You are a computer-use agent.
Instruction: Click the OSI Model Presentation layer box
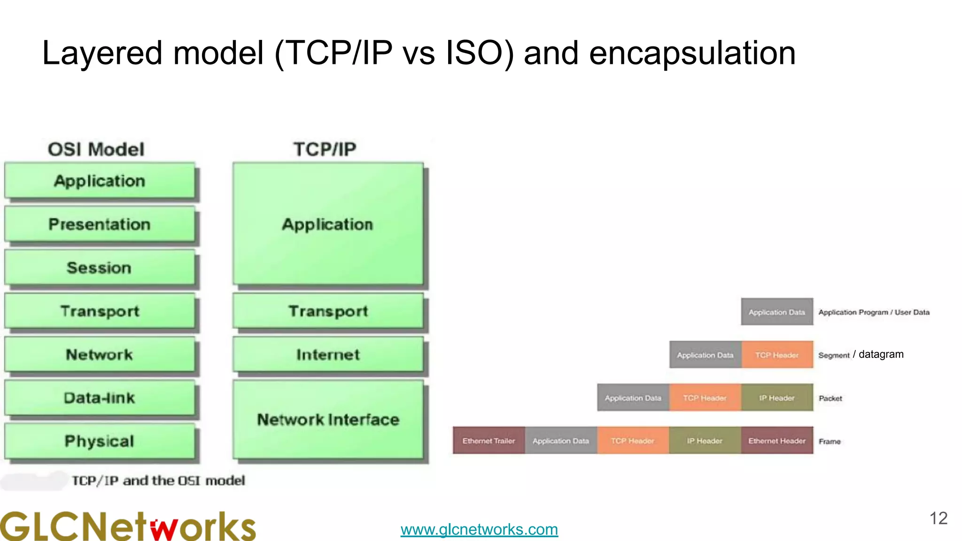(100, 224)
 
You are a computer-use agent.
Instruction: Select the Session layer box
(100, 268)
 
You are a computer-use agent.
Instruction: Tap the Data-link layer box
(100, 398)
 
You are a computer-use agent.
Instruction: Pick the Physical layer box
(100, 441)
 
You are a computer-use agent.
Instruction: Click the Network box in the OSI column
(100, 355)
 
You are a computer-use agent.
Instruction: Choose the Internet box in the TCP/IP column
(328, 355)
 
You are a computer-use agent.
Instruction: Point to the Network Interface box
(328, 419)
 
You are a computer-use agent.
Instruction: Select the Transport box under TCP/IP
(328, 311)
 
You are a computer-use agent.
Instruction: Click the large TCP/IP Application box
(328, 224)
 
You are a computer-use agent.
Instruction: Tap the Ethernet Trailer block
(489, 441)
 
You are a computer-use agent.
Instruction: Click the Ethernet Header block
(777, 441)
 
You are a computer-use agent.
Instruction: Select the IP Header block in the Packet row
(777, 398)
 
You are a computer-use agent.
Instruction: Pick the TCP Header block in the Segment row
(777, 355)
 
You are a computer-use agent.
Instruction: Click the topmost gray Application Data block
(777, 312)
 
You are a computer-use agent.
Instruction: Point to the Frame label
(830, 441)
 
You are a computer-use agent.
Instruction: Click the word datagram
(881, 355)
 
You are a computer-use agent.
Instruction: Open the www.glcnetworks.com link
(479, 530)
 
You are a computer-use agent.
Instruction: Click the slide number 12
(938, 518)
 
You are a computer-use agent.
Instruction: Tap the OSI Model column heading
(96, 149)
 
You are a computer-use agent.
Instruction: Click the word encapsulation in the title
(692, 53)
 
